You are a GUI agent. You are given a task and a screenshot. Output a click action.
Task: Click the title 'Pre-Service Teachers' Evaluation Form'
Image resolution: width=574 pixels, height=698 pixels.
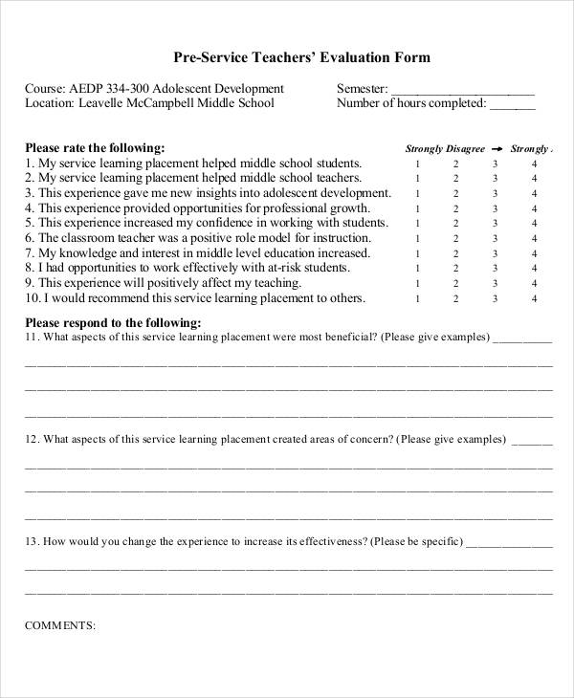[287, 57]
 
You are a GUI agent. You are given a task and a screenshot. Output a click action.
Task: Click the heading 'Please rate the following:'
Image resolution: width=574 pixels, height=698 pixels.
[95, 148]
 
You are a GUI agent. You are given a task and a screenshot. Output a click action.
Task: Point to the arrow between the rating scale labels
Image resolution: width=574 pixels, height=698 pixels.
[497, 149]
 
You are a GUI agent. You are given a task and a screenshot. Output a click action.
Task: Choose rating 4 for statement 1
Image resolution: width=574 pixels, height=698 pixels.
[535, 164]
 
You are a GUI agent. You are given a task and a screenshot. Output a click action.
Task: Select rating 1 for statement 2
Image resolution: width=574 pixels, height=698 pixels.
[417, 179]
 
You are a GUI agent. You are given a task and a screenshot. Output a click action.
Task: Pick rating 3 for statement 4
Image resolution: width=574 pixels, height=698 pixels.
[496, 208]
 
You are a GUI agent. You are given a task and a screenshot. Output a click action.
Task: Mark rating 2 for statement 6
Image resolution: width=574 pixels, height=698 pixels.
[456, 238]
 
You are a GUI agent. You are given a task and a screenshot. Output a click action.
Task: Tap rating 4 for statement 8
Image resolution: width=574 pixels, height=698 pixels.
[535, 269]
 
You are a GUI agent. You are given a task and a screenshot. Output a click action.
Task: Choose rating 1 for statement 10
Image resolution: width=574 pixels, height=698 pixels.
[417, 298]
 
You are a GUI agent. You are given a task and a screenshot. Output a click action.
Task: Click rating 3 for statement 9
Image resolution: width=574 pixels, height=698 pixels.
[496, 284]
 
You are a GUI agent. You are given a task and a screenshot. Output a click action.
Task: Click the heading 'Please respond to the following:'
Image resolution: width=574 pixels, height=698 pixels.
[113, 322]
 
